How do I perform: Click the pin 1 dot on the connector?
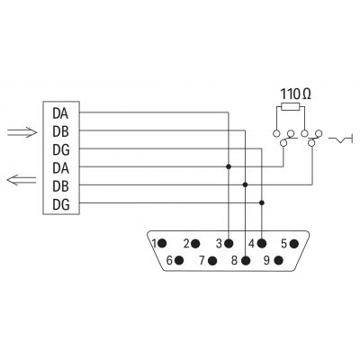pyautogui.click(x=162, y=243)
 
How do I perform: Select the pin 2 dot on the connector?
pyautogui.click(x=195, y=243)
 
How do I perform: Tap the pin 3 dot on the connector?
pyautogui.click(x=229, y=243)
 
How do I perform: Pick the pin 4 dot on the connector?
pyautogui.click(x=262, y=243)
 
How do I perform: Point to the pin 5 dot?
pyautogui.click(x=294, y=243)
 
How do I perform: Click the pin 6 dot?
pyautogui.click(x=179, y=260)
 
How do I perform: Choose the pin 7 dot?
pyautogui.click(x=212, y=260)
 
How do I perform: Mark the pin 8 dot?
pyautogui.click(x=246, y=260)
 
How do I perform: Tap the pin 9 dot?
pyautogui.click(x=279, y=260)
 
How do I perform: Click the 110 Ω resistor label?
pyautogui.click(x=296, y=94)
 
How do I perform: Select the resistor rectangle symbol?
pyautogui.click(x=291, y=106)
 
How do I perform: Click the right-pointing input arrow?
pyautogui.click(x=22, y=132)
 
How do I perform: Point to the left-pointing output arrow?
pyautogui.click(x=22, y=180)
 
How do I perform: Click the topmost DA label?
pyautogui.click(x=60, y=113)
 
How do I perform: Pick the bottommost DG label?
pyautogui.click(x=61, y=204)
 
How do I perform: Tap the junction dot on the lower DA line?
pyautogui.click(x=229, y=166)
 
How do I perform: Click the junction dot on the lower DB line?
pyautogui.click(x=245, y=184)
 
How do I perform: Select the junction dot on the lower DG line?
pyautogui.click(x=262, y=202)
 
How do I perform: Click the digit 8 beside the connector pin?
pyautogui.click(x=235, y=260)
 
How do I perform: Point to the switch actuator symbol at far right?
pyautogui.click(x=341, y=139)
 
